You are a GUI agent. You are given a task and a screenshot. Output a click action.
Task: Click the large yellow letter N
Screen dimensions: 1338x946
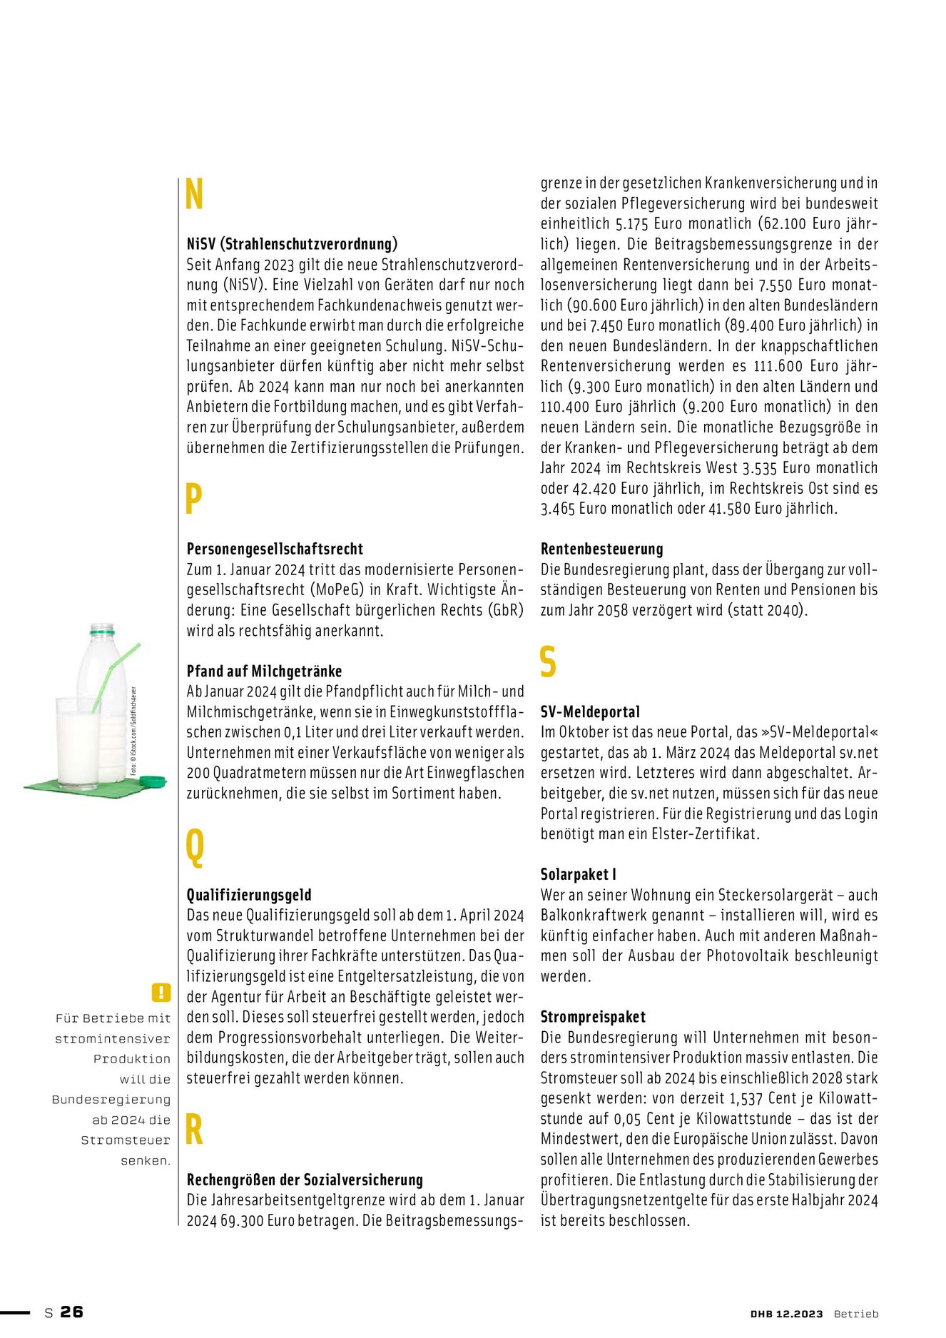194,195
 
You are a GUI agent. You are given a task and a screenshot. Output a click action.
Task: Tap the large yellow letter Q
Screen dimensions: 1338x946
194,846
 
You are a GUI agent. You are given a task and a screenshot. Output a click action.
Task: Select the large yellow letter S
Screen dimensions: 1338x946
548,662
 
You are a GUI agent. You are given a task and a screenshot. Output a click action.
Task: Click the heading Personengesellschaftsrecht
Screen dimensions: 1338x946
275,549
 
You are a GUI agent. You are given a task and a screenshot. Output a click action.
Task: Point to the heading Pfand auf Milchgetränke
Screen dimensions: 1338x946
264,671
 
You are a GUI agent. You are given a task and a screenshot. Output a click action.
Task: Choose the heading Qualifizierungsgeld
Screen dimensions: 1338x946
249,895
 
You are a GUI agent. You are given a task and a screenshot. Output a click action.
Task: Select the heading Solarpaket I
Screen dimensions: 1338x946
578,874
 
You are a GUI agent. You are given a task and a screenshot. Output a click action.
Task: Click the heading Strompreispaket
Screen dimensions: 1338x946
593,1017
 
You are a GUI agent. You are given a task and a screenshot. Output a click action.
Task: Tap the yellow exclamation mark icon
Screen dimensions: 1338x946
161,992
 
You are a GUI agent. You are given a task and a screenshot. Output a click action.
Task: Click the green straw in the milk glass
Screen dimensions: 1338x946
114,674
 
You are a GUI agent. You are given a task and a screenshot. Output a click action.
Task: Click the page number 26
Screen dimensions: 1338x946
71,1312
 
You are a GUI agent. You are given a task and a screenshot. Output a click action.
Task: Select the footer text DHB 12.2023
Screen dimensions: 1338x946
786,1314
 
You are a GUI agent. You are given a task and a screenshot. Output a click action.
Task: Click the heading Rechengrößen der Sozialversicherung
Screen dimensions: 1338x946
305,1180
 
